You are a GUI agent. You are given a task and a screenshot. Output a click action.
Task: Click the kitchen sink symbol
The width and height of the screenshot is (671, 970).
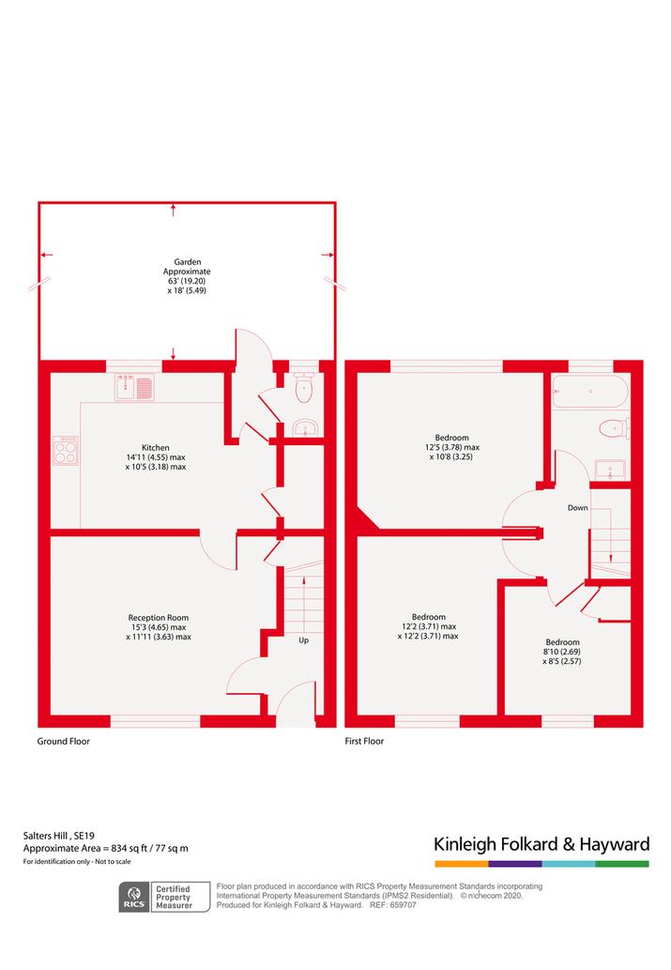(x=134, y=387)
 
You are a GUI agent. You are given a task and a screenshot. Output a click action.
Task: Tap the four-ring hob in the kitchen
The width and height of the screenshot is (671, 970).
(x=66, y=451)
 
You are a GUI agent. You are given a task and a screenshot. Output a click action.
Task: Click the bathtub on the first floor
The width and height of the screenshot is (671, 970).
(x=590, y=392)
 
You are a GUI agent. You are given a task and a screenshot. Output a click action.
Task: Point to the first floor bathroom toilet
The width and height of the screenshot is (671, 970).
(x=614, y=428)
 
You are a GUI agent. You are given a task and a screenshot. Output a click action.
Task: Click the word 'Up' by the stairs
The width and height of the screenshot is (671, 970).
(x=304, y=640)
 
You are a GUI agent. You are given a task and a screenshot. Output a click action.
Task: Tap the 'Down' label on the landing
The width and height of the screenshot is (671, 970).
(x=577, y=508)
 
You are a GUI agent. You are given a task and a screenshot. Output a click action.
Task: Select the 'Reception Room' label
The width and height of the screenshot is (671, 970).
(x=159, y=617)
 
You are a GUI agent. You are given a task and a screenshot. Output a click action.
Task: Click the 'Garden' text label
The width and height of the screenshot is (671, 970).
(x=188, y=262)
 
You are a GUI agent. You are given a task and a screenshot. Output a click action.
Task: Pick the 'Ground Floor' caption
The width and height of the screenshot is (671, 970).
(x=63, y=741)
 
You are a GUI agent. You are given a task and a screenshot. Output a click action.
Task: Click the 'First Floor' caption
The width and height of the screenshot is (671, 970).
(x=364, y=741)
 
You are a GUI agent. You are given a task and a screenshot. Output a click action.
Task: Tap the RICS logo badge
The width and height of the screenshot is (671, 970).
(x=134, y=897)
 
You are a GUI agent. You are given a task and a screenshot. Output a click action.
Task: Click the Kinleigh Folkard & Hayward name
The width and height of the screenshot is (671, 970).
(x=541, y=844)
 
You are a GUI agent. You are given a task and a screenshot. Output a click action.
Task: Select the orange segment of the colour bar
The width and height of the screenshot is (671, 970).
(x=462, y=864)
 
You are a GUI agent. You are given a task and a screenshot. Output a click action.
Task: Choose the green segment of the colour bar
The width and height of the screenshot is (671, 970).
(x=623, y=864)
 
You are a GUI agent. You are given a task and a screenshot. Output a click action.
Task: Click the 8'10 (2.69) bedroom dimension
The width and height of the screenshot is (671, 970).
(x=562, y=652)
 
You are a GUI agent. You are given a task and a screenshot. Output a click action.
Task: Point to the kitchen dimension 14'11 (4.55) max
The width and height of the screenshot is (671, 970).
(x=156, y=457)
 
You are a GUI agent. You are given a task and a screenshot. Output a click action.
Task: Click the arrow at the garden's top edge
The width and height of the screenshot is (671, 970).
(x=174, y=209)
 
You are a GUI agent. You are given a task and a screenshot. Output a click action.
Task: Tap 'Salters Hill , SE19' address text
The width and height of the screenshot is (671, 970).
(x=59, y=836)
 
